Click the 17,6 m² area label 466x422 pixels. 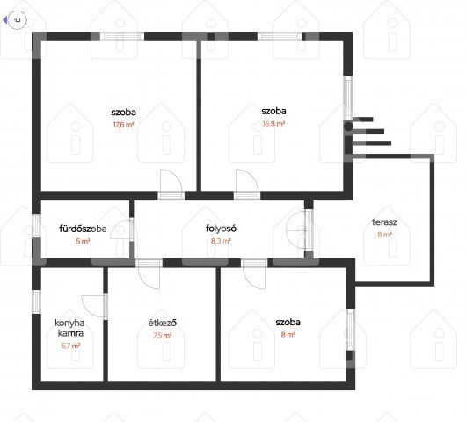tap(123, 125)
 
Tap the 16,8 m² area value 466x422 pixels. tap(273, 124)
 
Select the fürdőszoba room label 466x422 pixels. tap(83, 229)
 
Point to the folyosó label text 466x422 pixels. tap(221, 229)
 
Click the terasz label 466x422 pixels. tap(384, 222)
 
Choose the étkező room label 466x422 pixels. tap(163, 323)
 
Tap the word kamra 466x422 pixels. tap(70, 333)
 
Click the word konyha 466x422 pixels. tap(69, 323)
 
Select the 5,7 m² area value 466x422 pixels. tap(70, 346)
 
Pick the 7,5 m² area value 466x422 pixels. tap(163, 336)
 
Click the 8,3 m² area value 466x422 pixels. tap(221, 241)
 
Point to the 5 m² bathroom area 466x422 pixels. tap(83, 241)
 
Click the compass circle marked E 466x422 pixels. tap(18, 20)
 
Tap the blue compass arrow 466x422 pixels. tap(4, 20)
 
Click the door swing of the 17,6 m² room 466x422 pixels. tap(171, 181)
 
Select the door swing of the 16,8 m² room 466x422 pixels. tap(247, 181)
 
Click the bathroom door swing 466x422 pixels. tap(121, 229)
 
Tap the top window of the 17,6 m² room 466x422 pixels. tap(122, 37)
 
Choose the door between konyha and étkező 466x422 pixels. tap(93, 307)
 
